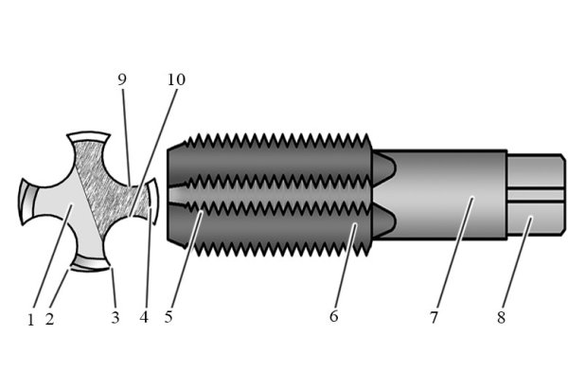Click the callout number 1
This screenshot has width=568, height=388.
point(30,319)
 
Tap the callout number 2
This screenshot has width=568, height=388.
point(49,319)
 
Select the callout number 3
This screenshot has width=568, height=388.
point(115,318)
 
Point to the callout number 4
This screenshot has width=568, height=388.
point(144,318)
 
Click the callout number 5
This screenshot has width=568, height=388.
point(169,317)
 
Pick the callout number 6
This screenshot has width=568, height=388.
point(333,317)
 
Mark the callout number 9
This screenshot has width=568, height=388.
point(122,79)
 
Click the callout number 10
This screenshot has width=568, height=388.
point(175,79)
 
